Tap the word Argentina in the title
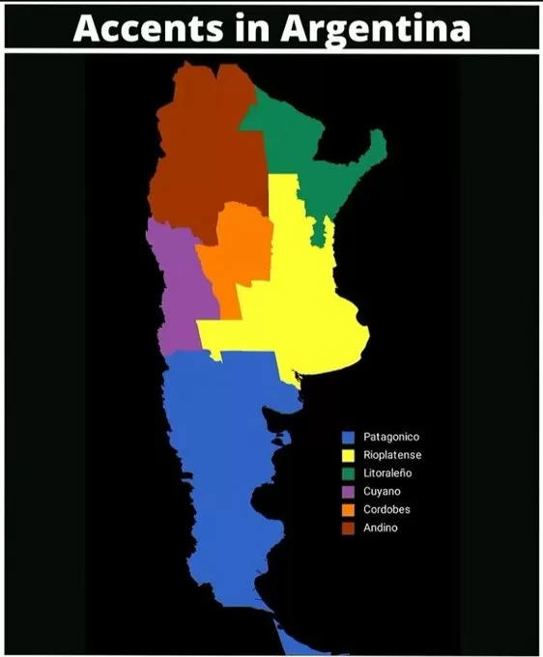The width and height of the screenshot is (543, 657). (376, 28)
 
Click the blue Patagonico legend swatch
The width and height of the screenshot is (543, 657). (348, 437)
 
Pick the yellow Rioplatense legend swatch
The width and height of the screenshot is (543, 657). (348, 455)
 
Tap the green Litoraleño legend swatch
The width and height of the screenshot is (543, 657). (348, 473)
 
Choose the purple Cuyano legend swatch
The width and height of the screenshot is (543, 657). (348, 492)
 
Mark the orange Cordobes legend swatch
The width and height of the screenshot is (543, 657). (348, 509)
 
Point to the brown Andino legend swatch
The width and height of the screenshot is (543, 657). (348, 528)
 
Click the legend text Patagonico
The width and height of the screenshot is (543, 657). (390, 437)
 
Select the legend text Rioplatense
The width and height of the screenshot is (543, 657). (392, 455)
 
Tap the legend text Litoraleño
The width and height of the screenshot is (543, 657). (387, 473)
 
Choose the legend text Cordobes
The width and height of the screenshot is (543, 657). (386, 509)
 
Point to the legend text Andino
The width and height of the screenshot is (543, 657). (380, 528)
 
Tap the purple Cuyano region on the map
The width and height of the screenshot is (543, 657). (174, 290)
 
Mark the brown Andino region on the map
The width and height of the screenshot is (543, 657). (198, 155)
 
